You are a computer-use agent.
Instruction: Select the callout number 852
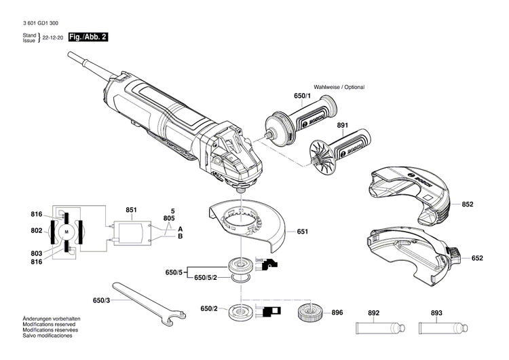(x=468, y=204)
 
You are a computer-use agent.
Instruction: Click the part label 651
(x=302, y=232)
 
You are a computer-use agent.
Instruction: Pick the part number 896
(x=337, y=313)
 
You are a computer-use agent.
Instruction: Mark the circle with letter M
(x=67, y=232)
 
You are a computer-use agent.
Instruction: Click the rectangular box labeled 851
(x=132, y=232)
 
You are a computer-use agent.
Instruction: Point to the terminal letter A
(x=180, y=228)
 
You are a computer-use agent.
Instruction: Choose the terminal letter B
(x=180, y=236)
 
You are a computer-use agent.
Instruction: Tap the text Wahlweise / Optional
(x=339, y=88)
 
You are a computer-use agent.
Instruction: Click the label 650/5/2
(x=207, y=278)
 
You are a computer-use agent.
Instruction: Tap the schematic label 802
(x=36, y=231)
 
